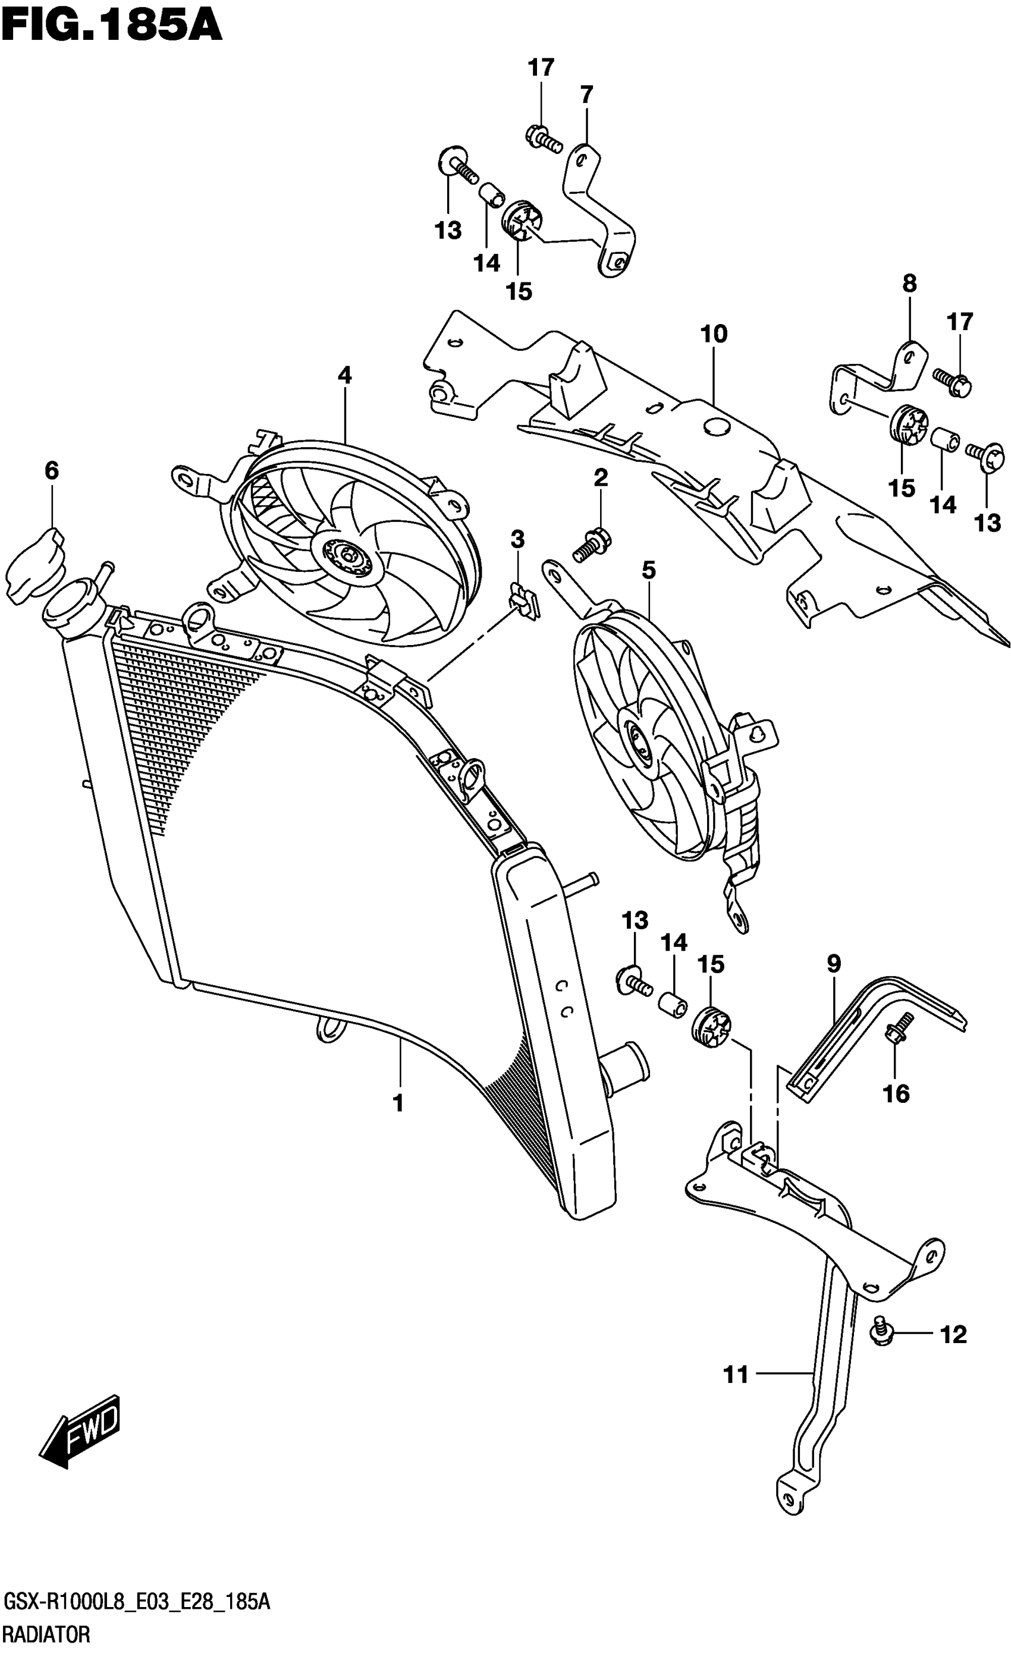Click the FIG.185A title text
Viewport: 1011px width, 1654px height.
(111, 27)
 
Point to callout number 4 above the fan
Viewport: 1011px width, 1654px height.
(344, 375)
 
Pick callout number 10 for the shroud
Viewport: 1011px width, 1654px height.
(714, 334)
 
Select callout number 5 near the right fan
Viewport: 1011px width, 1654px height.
(648, 570)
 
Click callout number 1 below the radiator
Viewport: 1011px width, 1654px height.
(398, 1103)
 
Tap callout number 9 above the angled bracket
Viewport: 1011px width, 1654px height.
(833, 964)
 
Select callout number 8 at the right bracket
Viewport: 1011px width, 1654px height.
(909, 283)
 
